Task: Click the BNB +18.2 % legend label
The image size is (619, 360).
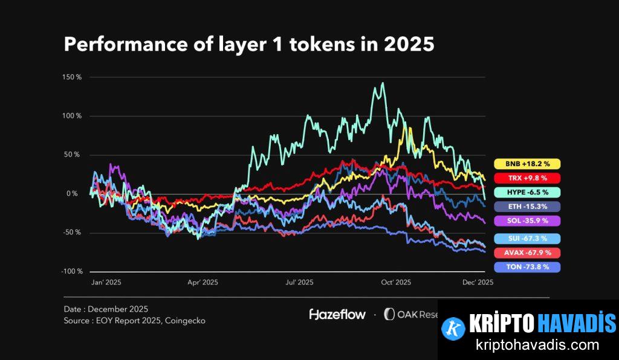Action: coord(527,164)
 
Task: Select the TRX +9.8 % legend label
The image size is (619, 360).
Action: coord(527,178)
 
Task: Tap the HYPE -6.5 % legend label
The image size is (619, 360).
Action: coord(527,192)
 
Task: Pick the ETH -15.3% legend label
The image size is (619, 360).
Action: coord(527,207)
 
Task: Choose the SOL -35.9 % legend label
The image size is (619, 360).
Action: coord(527,221)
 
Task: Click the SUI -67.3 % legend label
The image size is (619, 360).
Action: coord(527,239)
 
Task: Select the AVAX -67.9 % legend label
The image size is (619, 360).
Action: coord(527,252)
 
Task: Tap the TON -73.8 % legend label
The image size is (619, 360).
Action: coord(527,267)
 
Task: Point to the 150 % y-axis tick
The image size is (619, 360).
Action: coord(71,77)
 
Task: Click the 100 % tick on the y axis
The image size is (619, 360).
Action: coord(71,116)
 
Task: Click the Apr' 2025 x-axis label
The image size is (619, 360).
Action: coord(202,282)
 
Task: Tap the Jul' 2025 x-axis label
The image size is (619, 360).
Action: coord(299,282)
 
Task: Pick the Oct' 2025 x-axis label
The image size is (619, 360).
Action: coord(396,282)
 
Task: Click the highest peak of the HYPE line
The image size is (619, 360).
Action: coord(381,83)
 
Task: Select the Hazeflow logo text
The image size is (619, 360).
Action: coord(337,314)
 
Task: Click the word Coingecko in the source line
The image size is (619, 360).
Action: coord(184,321)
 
